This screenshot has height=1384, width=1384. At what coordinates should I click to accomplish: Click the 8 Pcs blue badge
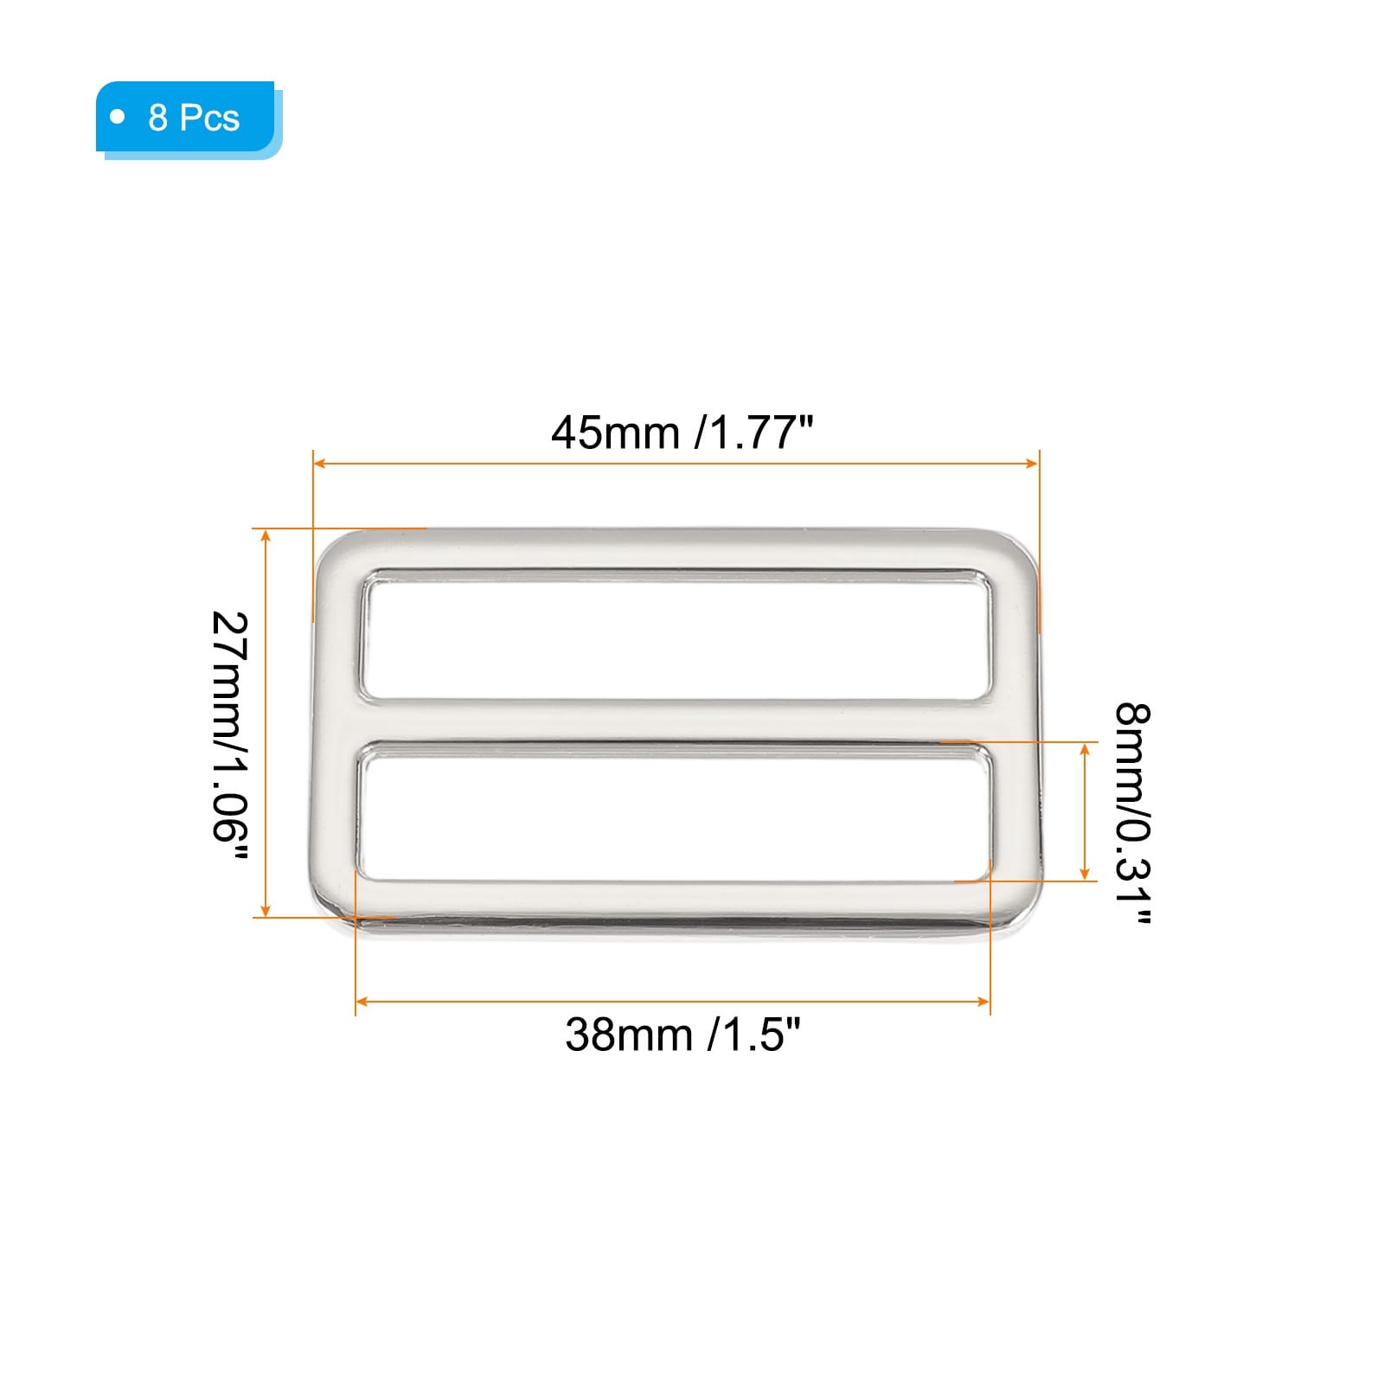pyautogui.click(x=189, y=119)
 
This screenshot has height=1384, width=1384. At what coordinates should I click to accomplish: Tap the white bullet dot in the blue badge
pyautogui.click(x=119, y=116)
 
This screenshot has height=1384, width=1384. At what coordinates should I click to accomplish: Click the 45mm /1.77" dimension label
pyautogui.click(x=682, y=432)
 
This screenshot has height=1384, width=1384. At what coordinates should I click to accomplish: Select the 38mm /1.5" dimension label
pyautogui.click(x=682, y=1034)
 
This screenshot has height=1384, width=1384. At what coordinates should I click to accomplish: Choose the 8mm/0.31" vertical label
pyautogui.click(x=1132, y=814)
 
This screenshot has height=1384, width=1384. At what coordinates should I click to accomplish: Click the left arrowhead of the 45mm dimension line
pyautogui.click(x=319, y=464)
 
